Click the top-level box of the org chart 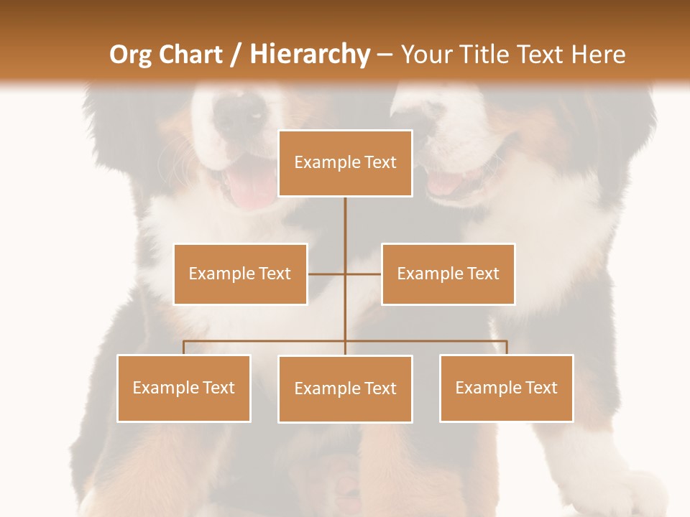point(345,163)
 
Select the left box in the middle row point(240,274)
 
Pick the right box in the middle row point(448,274)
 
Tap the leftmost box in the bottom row point(183,388)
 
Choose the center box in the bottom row point(345,388)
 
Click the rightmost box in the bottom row point(506,388)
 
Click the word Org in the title point(131,55)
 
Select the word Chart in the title point(190,55)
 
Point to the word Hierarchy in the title point(309,55)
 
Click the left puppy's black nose point(241,111)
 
